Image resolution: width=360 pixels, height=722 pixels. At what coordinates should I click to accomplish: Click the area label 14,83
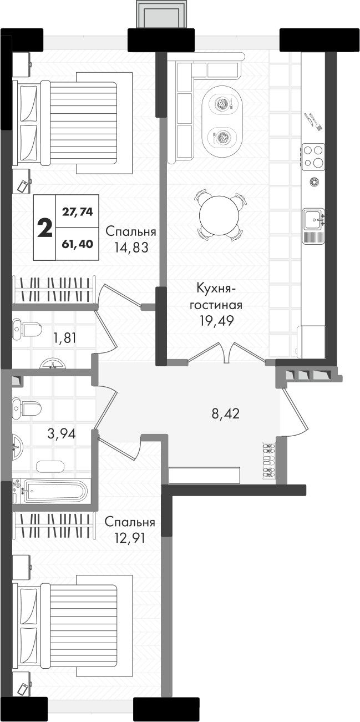131,247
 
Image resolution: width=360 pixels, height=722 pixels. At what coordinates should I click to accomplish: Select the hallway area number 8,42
226,413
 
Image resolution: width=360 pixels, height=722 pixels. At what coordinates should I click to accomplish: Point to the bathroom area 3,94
61,434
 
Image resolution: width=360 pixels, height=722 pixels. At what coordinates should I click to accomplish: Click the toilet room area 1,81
65,338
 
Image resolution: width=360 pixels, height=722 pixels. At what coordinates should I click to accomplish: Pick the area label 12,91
129,538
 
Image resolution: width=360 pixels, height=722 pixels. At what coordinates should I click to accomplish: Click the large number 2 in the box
45,227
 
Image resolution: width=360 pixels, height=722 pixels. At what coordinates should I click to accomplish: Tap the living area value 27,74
77,212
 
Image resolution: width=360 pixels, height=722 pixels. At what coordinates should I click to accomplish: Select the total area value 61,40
77,244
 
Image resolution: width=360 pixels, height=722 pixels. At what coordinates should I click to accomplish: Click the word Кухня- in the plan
216,289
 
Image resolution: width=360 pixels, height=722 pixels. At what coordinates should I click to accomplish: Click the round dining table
219,214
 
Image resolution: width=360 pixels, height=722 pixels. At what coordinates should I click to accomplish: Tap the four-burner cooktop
313,156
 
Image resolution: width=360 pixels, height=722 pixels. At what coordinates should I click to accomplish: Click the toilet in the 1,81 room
28,330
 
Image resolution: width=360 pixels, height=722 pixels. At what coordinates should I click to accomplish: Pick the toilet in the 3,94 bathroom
27,408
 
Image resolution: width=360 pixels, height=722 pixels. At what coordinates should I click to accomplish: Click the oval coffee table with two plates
222,121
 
